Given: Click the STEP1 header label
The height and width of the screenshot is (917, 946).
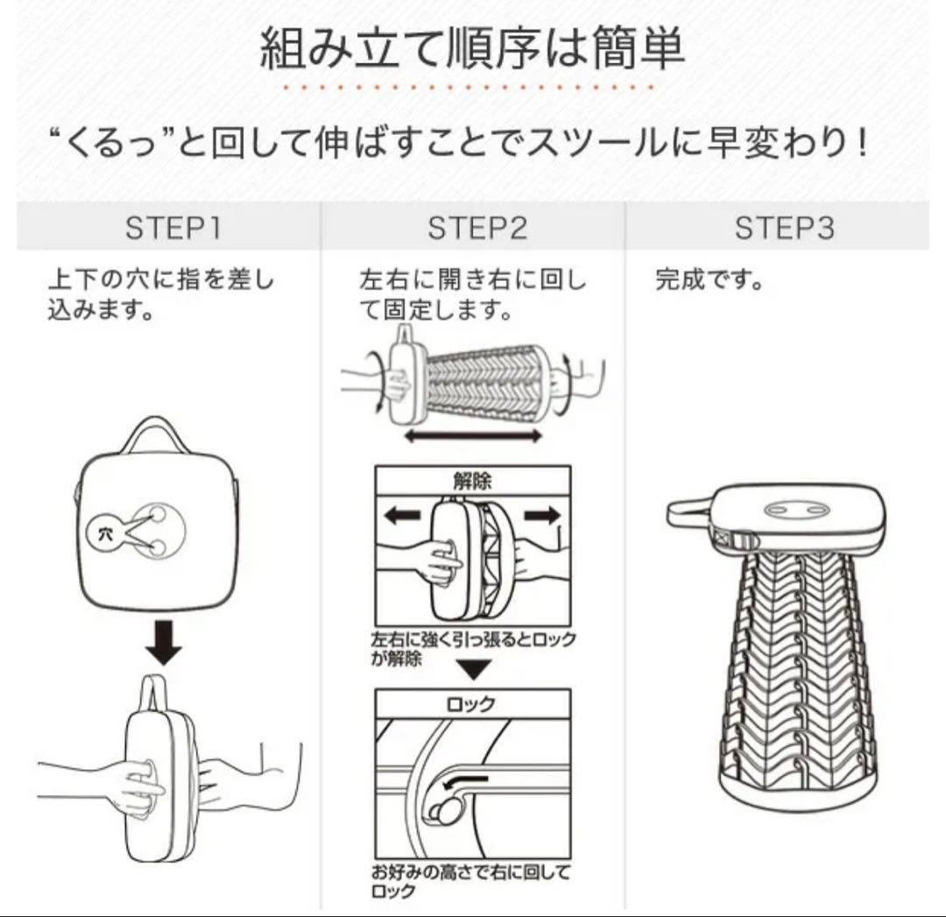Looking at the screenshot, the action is pos(173,228).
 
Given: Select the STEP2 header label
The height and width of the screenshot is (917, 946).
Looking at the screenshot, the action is pos(477,228).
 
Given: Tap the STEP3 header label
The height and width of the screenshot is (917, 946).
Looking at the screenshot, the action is pos(784,228).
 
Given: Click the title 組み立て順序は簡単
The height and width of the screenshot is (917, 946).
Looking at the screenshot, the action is pos(472,48).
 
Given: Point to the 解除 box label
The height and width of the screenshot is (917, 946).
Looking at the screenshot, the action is pos(472,481).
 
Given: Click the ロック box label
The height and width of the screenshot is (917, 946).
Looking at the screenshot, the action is pos(471,703).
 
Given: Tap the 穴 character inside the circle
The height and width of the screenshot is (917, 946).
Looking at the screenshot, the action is pos(105,534).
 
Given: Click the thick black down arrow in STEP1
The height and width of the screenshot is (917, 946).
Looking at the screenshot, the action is pos(164,642).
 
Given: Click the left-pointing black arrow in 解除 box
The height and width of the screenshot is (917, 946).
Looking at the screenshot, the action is pos(403,516).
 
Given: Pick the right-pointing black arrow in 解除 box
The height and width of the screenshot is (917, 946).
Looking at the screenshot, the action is pos(542,516).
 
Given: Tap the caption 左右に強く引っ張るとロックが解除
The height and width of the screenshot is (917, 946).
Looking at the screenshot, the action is pos(473,648).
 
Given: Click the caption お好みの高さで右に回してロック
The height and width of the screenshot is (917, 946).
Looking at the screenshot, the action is pos(470,881).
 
